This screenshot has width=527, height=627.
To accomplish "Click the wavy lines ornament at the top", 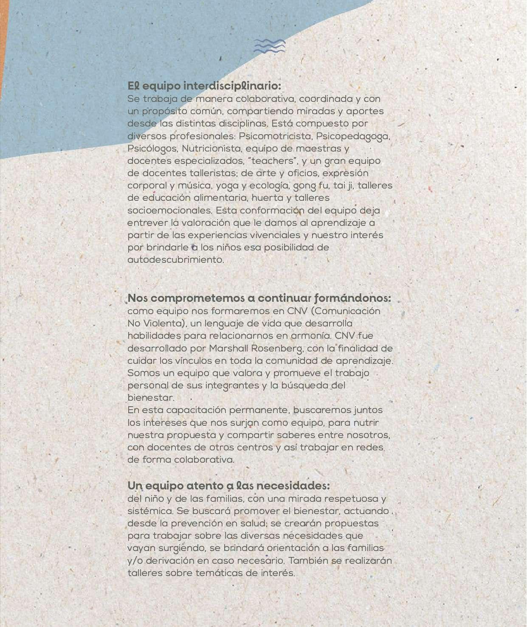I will [269, 46].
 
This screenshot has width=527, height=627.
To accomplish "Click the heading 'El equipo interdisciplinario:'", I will [204, 86].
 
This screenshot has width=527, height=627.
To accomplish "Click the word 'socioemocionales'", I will [169, 211].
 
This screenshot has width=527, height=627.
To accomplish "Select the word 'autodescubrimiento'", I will [175, 260].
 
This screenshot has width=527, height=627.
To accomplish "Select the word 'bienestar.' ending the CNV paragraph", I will [151, 398].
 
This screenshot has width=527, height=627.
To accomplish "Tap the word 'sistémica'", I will [150, 511].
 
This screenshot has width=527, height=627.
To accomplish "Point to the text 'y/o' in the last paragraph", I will [135, 561].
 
